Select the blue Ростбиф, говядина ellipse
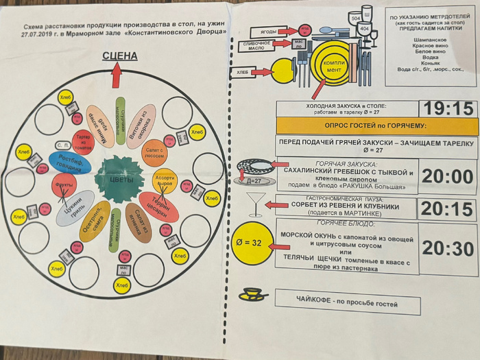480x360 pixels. click(x=70, y=163)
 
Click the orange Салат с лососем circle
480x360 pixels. click(x=154, y=152)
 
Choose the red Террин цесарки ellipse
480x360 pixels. click(x=159, y=206)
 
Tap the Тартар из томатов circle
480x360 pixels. click(x=82, y=141)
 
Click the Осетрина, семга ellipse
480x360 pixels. click(x=95, y=221)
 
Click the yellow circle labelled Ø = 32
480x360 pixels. click(x=252, y=243)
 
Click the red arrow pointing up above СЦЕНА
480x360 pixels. click(x=117, y=74)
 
